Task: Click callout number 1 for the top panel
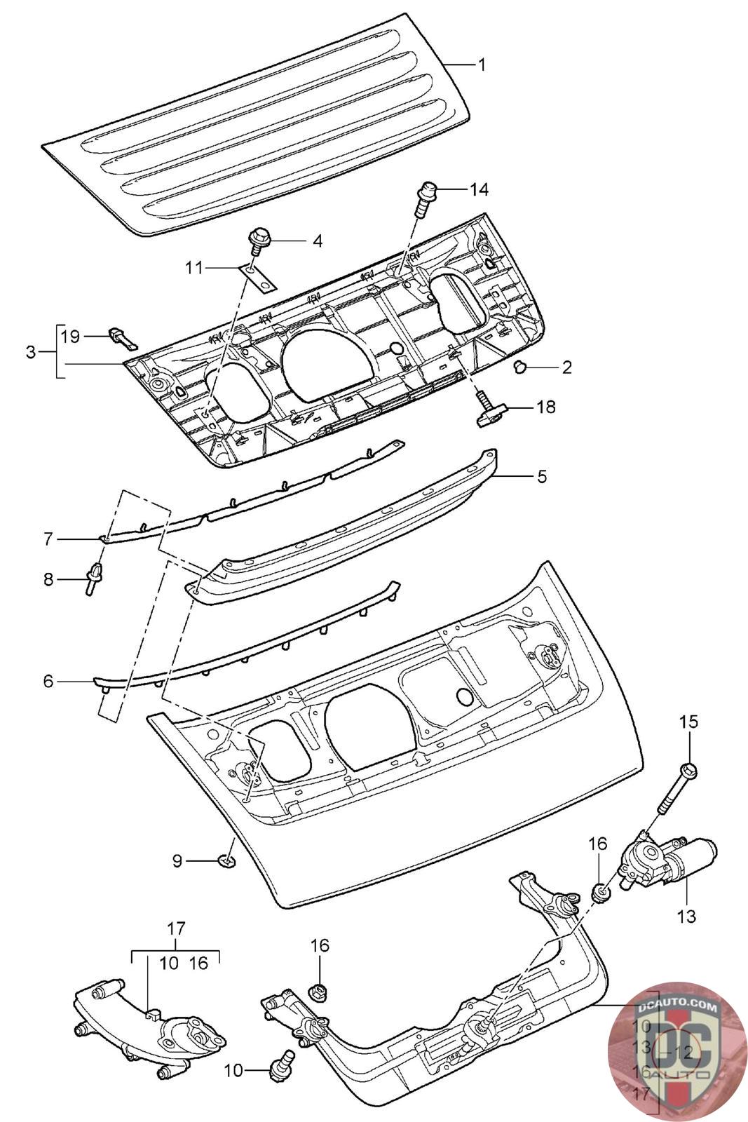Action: pos(482,65)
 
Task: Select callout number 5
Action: pos(540,476)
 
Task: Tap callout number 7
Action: pos(48,539)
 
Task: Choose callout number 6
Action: pos(48,680)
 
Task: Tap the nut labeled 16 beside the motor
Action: pos(600,893)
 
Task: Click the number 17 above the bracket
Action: pos(176,928)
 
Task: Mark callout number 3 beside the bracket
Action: pos(30,352)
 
